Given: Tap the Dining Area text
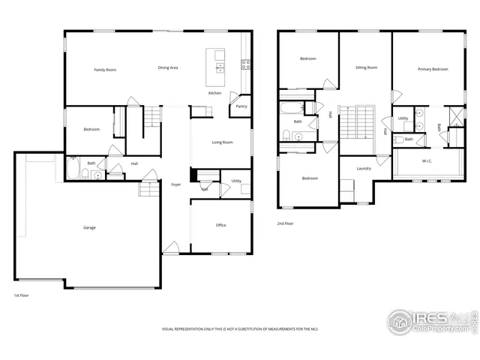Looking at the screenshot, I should click(x=168, y=68).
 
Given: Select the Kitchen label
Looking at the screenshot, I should click(x=215, y=93).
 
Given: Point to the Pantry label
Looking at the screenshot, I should click(x=241, y=106).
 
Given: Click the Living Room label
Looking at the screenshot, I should click(x=222, y=142).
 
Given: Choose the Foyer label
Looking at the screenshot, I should click(x=176, y=184).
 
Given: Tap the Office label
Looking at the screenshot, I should click(x=221, y=225).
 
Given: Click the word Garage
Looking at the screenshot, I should click(x=89, y=228).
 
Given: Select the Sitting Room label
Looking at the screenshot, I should click(x=366, y=67).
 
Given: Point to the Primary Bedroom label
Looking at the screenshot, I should click(x=433, y=69).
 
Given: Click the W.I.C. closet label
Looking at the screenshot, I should click(x=427, y=161).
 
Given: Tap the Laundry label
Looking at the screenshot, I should click(x=364, y=169).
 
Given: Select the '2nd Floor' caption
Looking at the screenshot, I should click(x=285, y=223).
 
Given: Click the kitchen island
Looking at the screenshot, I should click(x=220, y=61).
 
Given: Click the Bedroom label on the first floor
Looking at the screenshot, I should click(x=91, y=130).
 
